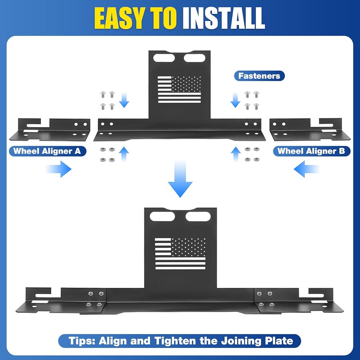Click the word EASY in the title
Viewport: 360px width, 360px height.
tap(120, 18)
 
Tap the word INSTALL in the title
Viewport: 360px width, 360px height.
tap(224, 18)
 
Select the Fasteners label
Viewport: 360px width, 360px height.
tap(259, 76)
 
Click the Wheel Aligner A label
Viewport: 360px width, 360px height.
tap(47, 151)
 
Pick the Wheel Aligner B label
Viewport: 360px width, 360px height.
tap(311, 151)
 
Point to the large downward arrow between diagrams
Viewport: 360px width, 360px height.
tap(180, 179)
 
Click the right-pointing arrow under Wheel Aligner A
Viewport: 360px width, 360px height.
tap(59, 169)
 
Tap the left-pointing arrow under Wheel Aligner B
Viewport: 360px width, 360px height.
tap(306, 169)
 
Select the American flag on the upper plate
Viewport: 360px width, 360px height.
tap(179, 89)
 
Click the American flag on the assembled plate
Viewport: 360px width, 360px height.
tap(180, 253)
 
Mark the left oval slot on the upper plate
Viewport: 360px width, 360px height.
tap(164, 58)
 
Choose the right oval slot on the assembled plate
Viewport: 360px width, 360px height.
tap(198, 216)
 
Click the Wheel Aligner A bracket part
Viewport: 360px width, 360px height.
tap(50, 130)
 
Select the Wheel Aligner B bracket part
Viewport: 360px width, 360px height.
tap(310, 130)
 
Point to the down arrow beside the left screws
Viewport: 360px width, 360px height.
tap(124, 100)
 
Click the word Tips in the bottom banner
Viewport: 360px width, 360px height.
tap(82, 341)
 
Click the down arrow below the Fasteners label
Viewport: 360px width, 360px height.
tap(235, 100)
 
